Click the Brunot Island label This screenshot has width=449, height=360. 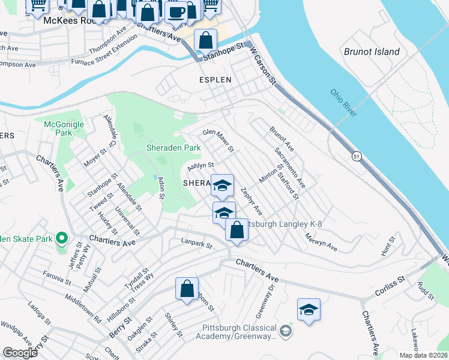[x=372, y=52]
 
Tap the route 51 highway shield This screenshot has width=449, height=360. [x=357, y=156]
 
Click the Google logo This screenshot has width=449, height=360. [x=20, y=353]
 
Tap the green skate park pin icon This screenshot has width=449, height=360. [x=61, y=239]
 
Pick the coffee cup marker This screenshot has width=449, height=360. [x=176, y=12]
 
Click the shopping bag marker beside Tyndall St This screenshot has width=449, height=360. [x=187, y=289]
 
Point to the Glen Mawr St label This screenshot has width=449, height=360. [x=217, y=140]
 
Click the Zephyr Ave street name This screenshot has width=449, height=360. [x=251, y=202]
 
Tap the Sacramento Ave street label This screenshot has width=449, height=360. [x=289, y=167]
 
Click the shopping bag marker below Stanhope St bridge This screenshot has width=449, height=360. [x=205, y=41]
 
